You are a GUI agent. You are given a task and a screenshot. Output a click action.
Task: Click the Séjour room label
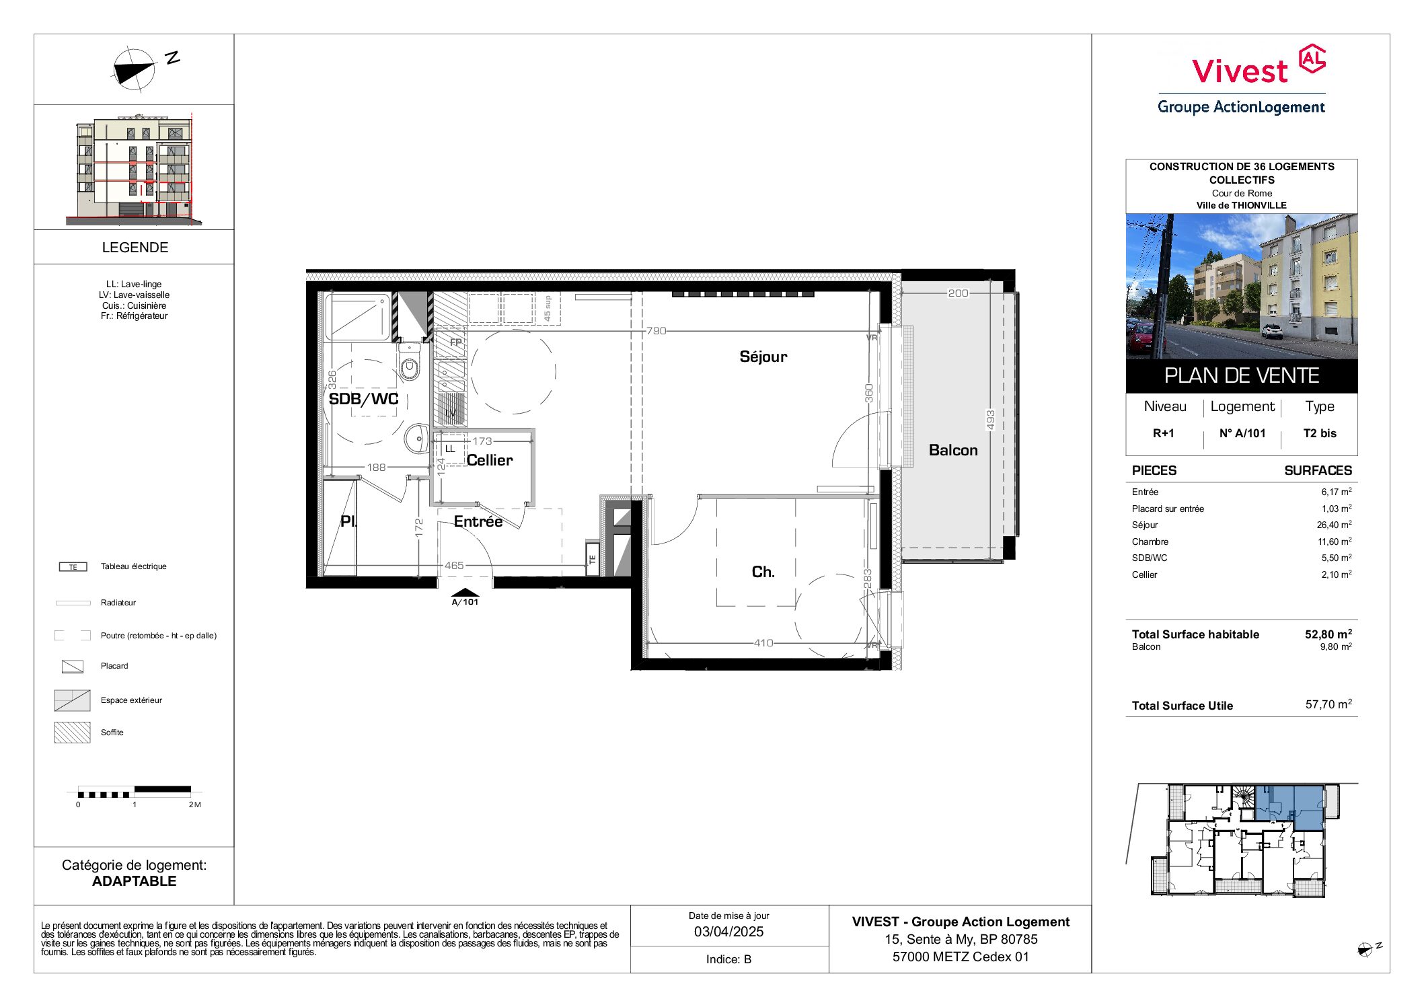[763, 357]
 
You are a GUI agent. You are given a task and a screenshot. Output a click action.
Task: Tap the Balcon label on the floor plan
[953, 450]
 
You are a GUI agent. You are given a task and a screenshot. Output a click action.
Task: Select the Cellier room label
[490, 460]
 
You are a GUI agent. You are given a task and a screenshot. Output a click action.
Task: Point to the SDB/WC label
[363, 399]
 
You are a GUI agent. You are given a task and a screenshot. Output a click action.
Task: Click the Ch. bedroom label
[763, 572]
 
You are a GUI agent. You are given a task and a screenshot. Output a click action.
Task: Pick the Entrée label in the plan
[478, 521]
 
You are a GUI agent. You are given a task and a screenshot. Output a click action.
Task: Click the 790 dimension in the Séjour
[656, 331]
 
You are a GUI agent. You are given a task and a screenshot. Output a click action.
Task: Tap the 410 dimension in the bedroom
[763, 643]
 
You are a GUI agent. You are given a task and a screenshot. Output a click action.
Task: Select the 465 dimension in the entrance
[454, 566]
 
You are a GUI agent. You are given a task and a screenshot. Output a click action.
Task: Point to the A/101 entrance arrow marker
[465, 597]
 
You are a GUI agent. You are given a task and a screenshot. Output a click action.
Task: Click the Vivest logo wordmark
[1240, 71]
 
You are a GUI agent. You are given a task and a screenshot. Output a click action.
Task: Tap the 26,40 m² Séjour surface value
[1334, 525]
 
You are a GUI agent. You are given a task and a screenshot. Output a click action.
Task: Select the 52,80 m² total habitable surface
[1328, 634]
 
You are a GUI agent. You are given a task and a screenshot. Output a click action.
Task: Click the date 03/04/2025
[729, 932]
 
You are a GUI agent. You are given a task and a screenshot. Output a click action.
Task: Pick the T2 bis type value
[1320, 433]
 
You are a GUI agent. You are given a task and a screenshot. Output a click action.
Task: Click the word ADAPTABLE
[134, 881]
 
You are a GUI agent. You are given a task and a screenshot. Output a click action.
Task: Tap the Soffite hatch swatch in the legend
[72, 733]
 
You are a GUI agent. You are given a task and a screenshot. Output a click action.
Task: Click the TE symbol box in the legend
[73, 567]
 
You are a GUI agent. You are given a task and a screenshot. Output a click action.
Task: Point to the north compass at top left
[135, 69]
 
